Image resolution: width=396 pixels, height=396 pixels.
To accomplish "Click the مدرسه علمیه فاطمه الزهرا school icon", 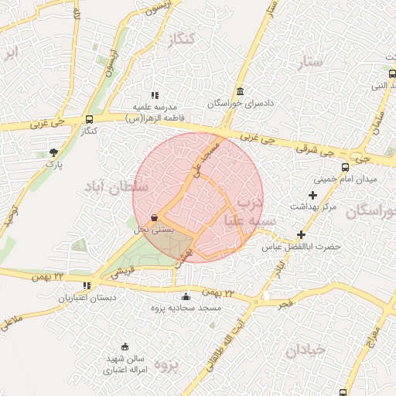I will pyautogui.click(x=155, y=95).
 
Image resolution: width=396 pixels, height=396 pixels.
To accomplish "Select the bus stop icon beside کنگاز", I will pyautogui.click(x=90, y=120).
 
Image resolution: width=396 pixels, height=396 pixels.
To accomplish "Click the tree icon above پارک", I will pyautogui.click(x=53, y=152).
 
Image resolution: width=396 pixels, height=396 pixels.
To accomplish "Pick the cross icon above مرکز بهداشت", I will pyautogui.click(x=312, y=195).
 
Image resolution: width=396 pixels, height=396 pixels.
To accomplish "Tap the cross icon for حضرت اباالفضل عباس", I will pyautogui.click(x=301, y=234).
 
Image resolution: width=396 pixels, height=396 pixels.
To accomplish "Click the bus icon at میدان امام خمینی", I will pyautogui.click(x=345, y=167).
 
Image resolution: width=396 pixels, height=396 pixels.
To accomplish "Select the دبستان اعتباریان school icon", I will pyautogui.click(x=86, y=285).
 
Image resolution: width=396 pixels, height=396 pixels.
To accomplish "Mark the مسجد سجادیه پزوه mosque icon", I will pyautogui.click(x=186, y=296).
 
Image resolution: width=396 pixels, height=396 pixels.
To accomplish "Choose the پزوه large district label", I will pyautogui.click(x=166, y=364).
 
